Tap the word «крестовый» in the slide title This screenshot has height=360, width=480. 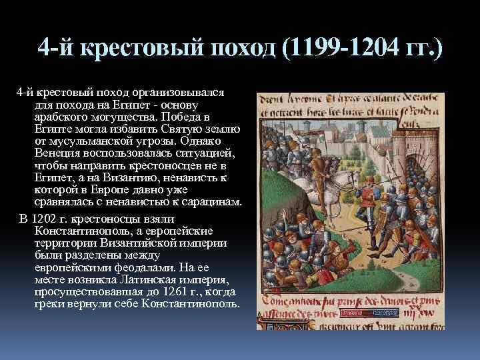(137, 49)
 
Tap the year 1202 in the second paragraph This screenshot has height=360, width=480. (45, 219)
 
